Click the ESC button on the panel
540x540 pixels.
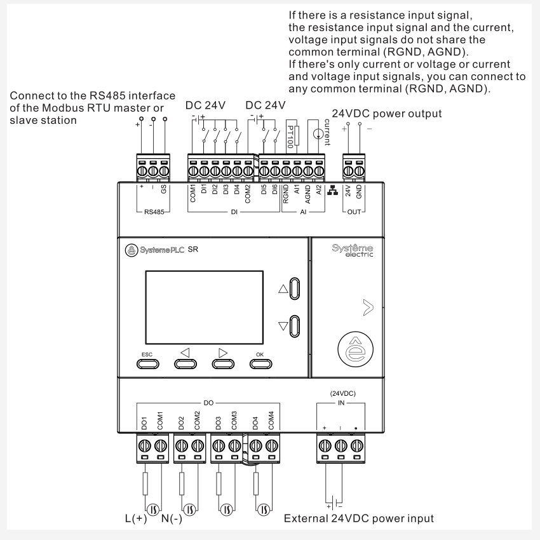point(147,363)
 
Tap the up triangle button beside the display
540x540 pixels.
point(294,288)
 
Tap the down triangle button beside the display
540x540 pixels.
point(294,327)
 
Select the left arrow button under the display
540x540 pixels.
point(186,363)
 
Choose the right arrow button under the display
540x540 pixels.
point(222,363)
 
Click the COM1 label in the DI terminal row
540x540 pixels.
point(192,194)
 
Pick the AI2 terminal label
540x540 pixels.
point(320,192)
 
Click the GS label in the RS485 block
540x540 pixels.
point(164,191)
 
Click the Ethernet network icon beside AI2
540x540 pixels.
point(330,192)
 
